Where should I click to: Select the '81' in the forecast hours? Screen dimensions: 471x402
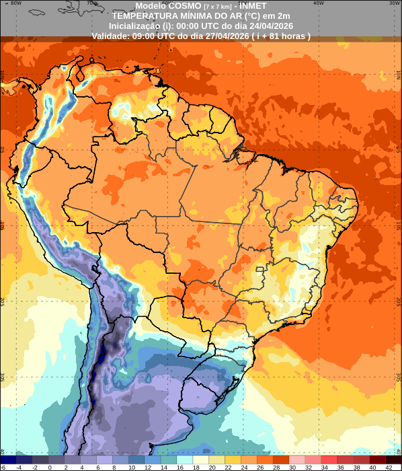[x=277, y=36]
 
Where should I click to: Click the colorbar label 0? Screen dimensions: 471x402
[x=50, y=467]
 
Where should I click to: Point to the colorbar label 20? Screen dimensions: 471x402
[x=212, y=467]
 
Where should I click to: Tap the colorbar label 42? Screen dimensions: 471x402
[x=389, y=467]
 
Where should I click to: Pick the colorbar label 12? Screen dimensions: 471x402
[x=148, y=467]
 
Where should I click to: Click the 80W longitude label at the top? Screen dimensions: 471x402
[x=16, y=3]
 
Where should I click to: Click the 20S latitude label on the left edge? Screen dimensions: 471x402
[x=3, y=300]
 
